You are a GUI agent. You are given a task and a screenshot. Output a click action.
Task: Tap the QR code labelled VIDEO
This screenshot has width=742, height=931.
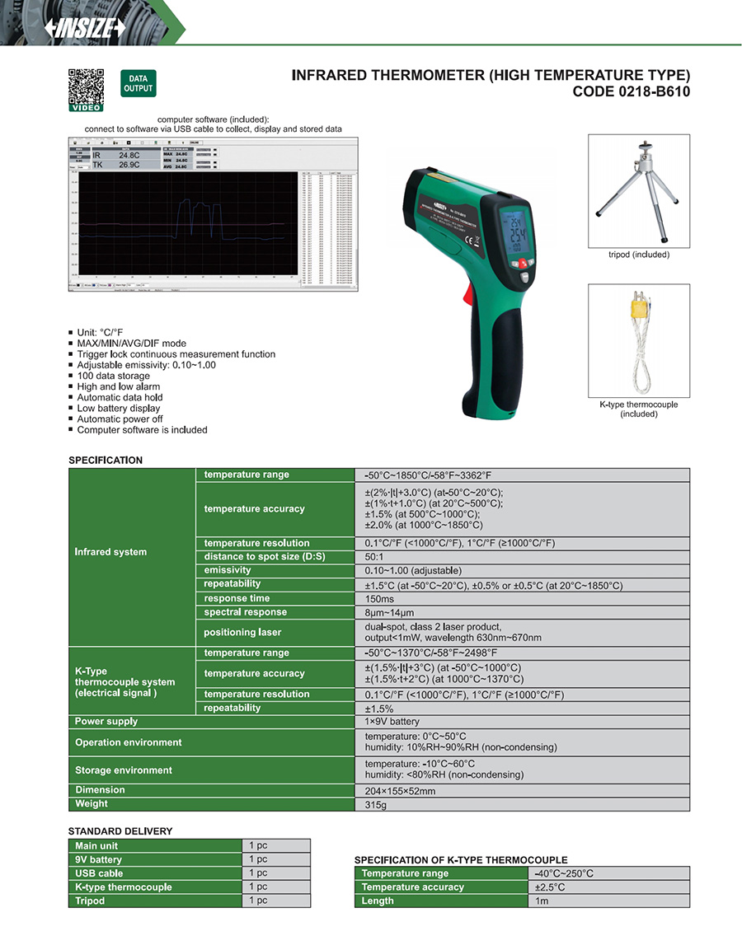tap(86, 87)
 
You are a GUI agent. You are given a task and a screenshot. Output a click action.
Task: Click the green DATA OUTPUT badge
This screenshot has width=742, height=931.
tap(138, 83)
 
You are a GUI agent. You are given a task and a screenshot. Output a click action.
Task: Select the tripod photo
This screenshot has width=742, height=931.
tap(638, 190)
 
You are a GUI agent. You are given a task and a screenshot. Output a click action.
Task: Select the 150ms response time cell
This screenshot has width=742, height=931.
tap(380, 599)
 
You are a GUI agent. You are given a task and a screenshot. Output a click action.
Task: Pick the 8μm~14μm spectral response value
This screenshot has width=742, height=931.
tap(389, 613)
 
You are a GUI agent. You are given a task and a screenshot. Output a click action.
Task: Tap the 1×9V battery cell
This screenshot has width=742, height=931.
tap(392, 722)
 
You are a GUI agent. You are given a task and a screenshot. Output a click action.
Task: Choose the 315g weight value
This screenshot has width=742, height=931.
tap(376, 804)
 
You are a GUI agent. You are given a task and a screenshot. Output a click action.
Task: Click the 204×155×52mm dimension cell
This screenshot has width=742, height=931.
tap(400, 791)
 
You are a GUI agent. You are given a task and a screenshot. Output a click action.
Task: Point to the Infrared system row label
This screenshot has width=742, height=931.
tap(110, 552)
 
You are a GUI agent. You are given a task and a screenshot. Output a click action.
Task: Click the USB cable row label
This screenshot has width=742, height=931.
tap(99, 873)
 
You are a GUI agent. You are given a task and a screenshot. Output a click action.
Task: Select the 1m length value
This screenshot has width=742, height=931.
tap(541, 901)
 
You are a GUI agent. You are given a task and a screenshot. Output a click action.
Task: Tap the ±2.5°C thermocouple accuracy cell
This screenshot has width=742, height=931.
tap(547, 887)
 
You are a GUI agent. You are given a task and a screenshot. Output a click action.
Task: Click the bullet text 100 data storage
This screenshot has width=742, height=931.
tap(113, 376)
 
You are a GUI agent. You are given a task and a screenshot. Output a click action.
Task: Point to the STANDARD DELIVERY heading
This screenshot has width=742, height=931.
tap(120, 831)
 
